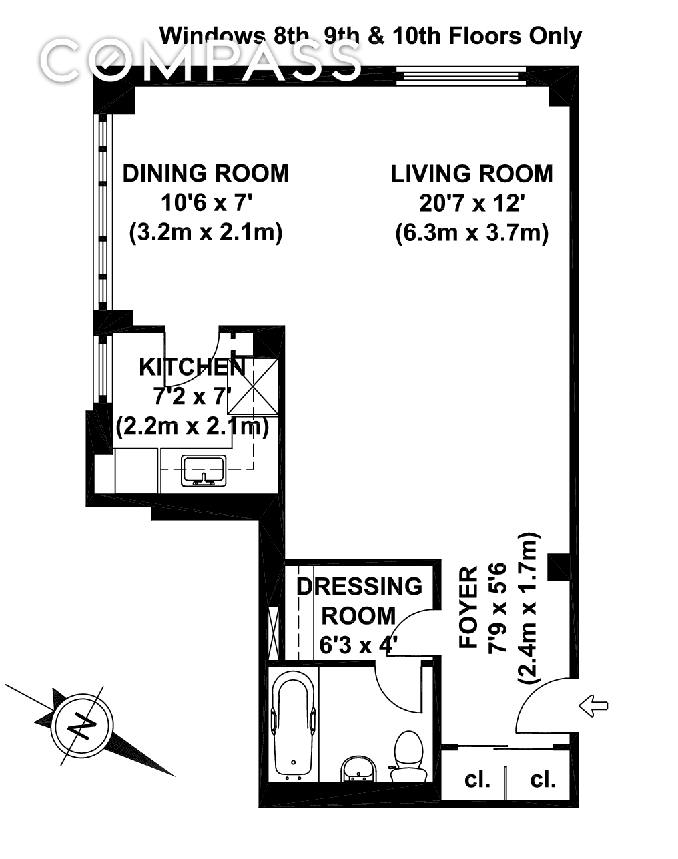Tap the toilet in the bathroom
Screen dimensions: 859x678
coord(406,757)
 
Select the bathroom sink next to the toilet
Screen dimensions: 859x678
coord(358,770)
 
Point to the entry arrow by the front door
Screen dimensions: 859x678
coord(593,705)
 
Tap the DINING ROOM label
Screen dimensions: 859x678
coord(206,173)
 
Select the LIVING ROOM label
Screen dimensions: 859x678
coord(471,174)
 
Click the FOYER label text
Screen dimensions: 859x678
coord(469,607)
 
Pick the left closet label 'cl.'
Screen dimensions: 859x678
coord(476,778)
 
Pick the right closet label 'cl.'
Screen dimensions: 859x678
coord(543,778)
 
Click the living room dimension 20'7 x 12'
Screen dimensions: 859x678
coord(471,203)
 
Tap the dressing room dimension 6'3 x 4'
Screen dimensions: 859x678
coord(358,645)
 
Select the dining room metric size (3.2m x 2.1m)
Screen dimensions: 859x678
coord(206,232)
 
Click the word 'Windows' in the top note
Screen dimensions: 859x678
coord(212,35)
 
